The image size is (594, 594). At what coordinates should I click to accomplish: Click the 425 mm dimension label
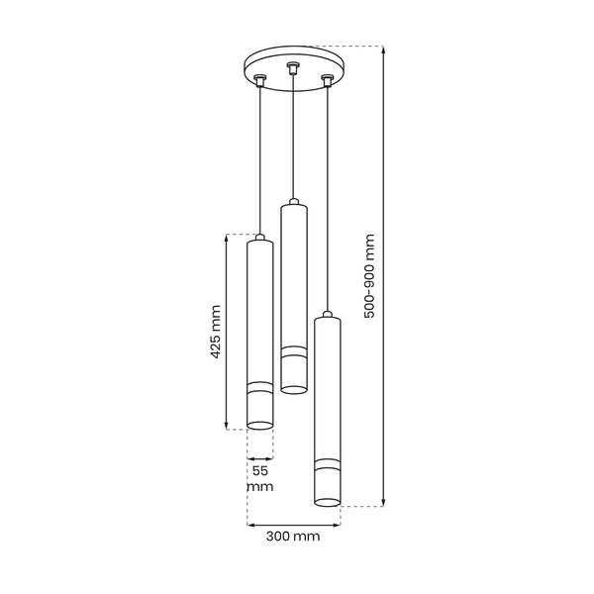(217, 333)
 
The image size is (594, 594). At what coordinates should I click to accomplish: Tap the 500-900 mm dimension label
(369, 276)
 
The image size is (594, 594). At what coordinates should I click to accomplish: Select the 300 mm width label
(293, 538)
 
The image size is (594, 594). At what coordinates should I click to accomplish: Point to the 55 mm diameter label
(260, 479)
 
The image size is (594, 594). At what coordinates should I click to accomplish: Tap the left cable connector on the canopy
(259, 80)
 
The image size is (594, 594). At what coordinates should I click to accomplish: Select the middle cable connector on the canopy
(292, 68)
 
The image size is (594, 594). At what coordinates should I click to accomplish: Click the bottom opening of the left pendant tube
(259, 425)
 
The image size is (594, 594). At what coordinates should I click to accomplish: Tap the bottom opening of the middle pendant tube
(292, 386)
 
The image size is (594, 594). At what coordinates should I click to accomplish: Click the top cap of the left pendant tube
(259, 239)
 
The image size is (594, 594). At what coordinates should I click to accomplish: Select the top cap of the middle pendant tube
(292, 203)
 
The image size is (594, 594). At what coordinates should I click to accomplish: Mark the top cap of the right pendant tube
(326, 317)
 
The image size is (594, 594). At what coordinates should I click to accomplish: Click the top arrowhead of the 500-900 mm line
(383, 50)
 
